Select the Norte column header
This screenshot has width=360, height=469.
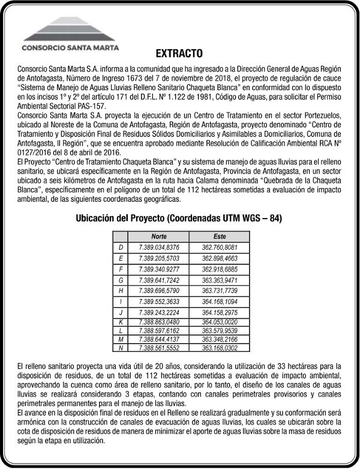click(159, 237)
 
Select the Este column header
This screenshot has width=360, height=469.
click(220, 237)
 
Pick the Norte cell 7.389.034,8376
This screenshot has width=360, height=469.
click(159, 247)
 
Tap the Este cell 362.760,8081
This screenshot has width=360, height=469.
click(220, 247)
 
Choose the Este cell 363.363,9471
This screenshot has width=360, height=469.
click(220, 280)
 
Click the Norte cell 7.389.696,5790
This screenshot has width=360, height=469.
click(159, 291)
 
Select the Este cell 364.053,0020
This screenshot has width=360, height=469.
click(220, 322)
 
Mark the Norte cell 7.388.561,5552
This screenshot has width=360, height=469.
click(159, 348)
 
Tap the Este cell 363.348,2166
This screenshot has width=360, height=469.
click(220, 339)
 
